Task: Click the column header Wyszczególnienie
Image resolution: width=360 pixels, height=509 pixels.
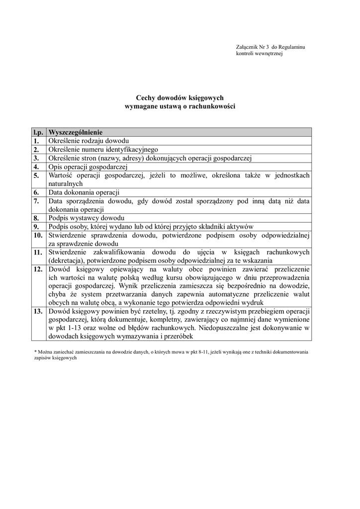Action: [75, 132]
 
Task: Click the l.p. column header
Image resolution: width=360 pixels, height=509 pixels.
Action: [39, 132]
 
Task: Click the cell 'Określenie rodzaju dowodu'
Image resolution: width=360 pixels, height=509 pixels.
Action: [89, 141]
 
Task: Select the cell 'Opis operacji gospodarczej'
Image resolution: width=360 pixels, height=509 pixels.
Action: [88, 167]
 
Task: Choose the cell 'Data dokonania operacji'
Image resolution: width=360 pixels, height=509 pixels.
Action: [84, 192]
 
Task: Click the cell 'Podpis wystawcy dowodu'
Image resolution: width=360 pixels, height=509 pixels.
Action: [86, 218]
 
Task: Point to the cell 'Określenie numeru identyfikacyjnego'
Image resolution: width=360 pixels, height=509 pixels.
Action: [103, 149]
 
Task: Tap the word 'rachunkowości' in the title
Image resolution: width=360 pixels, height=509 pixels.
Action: [214, 106]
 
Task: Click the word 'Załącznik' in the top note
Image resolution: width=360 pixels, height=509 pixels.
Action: [247, 47]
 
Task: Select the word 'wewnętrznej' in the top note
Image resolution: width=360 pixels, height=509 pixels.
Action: [269, 53]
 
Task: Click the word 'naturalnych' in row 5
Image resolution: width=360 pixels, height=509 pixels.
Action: [65, 183]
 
